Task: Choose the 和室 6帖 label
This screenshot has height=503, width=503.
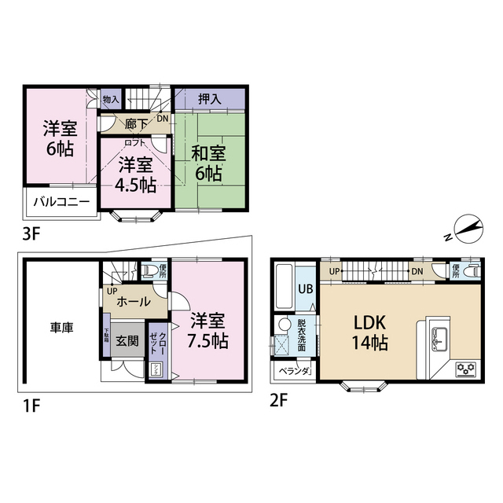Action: coord(207,161)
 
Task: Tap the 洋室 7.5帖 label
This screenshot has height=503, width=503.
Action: coord(208,330)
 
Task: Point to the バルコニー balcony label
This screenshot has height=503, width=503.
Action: coord(61,202)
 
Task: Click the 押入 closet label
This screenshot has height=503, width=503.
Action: coord(209,99)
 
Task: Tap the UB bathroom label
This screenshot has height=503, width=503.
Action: coord(305,288)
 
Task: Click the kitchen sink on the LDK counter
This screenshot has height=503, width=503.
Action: coord(437,340)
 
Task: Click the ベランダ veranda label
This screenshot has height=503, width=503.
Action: coord(293,369)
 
